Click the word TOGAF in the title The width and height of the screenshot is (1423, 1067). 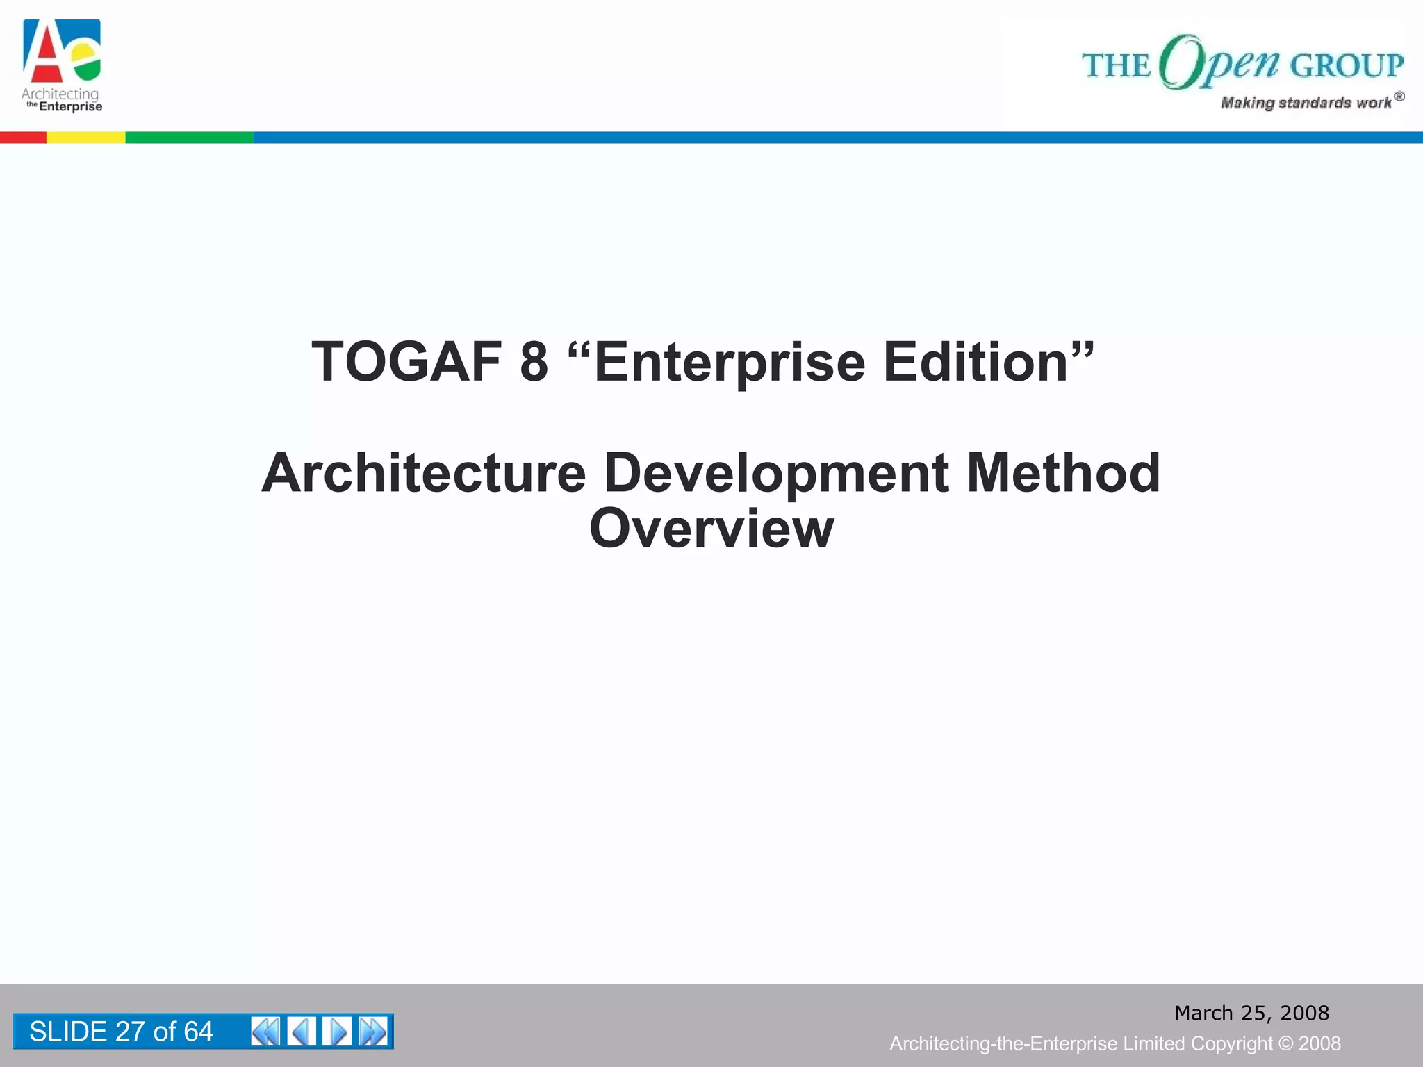(x=406, y=363)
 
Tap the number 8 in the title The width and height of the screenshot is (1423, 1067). (x=534, y=363)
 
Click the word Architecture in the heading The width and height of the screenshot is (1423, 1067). (x=424, y=474)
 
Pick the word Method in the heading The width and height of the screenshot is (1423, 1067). (x=1063, y=474)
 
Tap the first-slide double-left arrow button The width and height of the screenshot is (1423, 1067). (x=265, y=1032)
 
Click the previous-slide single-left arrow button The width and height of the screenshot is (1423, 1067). (x=302, y=1032)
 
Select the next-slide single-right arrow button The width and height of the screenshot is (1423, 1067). (x=338, y=1032)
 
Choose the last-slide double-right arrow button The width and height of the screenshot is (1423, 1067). (x=373, y=1032)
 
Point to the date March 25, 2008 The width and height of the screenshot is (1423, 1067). (x=1251, y=1013)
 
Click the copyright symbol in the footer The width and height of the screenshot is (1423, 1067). (x=1285, y=1044)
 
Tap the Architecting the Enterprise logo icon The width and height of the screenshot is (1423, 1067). (x=62, y=51)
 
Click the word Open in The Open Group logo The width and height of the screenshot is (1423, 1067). (x=1219, y=64)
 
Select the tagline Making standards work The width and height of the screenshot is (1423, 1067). (x=1306, y=103)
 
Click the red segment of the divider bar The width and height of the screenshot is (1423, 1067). (x=23, y=138)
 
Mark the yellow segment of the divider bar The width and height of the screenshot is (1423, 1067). (x=85, y=138)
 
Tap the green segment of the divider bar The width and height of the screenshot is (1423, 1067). (x=189, y=138)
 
